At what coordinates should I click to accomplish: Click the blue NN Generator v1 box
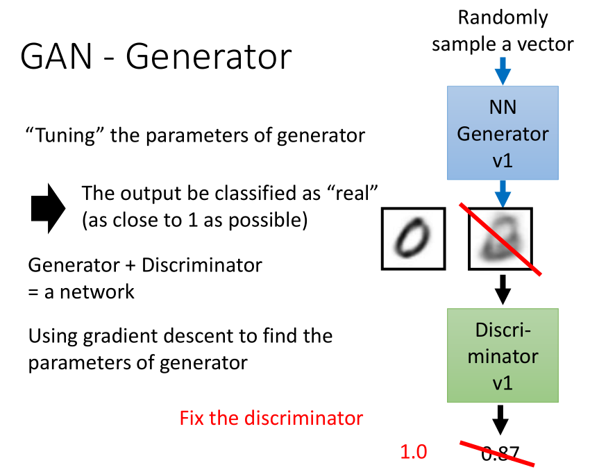[503, 133]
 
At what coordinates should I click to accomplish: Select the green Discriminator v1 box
[503, 355]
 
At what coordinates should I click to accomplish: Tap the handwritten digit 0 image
[413, 239]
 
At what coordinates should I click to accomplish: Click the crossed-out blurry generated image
[500, 239]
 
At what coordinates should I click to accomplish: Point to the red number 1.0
[413, 452]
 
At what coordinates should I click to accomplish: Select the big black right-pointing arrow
[48, 205]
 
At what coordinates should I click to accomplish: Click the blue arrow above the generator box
[503, 71]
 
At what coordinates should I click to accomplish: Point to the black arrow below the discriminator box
[503, 419]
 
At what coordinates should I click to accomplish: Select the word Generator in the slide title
[209, 56]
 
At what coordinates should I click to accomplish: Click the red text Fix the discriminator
[271, 419]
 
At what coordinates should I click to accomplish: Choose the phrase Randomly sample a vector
[503, 31]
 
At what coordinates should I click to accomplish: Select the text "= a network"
[81, 292]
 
